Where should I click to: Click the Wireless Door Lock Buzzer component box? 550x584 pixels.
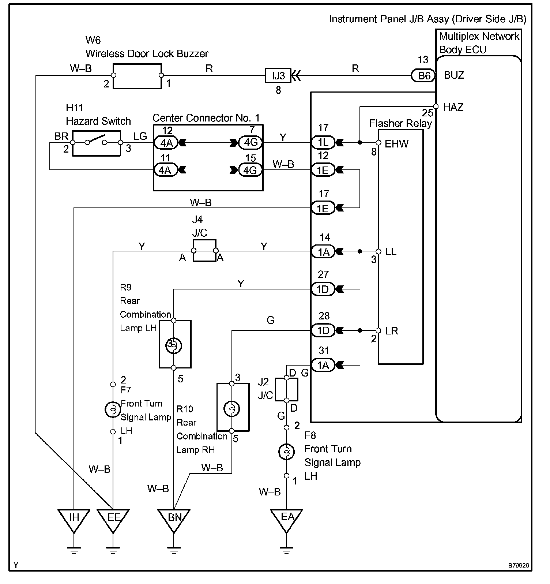tap(137, 76)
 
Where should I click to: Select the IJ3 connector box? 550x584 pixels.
tap(278, 76)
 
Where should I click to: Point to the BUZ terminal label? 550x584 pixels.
tap(454, 75)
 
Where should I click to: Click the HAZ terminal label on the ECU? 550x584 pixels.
tap(453, 107)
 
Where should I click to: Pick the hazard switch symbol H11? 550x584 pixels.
tap(97, 143)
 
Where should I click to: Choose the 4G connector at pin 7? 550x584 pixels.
tap(250, 142)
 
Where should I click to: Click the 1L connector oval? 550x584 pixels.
tap(323, 142)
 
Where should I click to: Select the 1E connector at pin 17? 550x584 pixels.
tap(323, 208)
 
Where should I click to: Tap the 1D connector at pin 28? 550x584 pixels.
tap(323, 330)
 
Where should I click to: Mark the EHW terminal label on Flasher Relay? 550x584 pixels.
tap(396, 144)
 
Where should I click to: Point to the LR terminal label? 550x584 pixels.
tap(392, 331)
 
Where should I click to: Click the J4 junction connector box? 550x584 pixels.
tap(204, 251)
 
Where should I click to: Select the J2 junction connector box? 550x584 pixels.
tap(286, 389)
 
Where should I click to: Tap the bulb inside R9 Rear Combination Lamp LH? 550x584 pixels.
tap(173, 344)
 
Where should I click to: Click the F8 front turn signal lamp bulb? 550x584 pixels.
tap(286, 452)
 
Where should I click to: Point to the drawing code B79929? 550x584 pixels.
tap(518, 566)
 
